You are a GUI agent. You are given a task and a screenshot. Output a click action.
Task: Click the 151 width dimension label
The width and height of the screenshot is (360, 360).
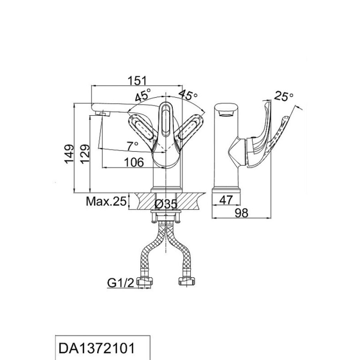[x=137, y=81]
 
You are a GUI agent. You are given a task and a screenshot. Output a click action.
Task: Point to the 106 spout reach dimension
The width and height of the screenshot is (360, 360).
[x=134, y=162]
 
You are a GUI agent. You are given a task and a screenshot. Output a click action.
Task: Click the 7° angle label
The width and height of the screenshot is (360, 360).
[x=132, y=146]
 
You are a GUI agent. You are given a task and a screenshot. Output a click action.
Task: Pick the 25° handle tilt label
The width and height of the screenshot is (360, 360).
[x=284, y=96]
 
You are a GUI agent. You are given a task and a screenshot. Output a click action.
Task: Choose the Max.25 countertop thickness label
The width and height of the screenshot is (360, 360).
[x=106, y=202]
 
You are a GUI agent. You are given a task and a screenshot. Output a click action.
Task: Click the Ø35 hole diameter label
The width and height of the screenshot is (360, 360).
[x=166, y=204]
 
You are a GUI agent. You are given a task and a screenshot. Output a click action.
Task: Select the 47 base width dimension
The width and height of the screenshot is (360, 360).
[x=226, y=200]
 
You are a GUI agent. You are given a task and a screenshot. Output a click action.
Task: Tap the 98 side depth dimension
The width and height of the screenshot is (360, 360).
[x=242, y=213]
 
